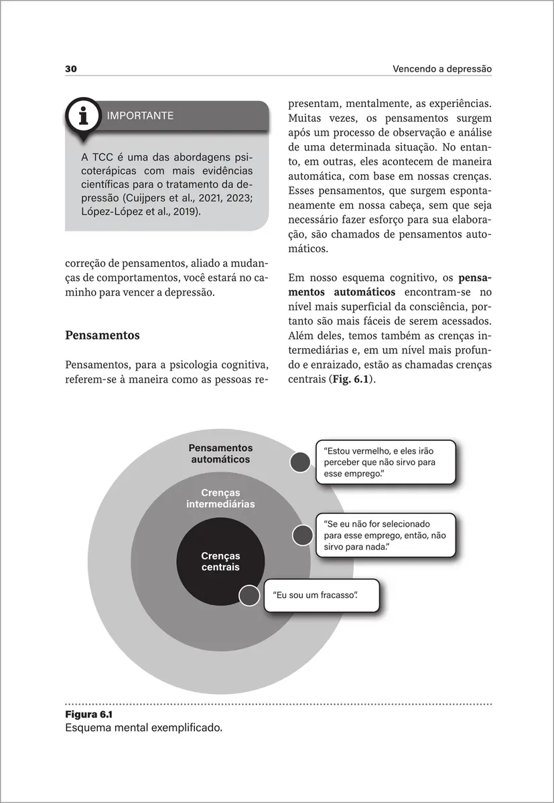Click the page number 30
(72, 69)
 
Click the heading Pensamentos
(102, 335)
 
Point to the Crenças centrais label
(220, 561)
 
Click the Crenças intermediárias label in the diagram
(220, 499)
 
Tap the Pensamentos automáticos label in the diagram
(220, 454)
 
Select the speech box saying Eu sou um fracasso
(321, 595)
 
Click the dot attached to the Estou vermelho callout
(300, 462)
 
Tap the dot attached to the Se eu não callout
(303, 535)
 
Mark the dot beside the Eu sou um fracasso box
(249, 595)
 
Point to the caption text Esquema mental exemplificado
(143, 727)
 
